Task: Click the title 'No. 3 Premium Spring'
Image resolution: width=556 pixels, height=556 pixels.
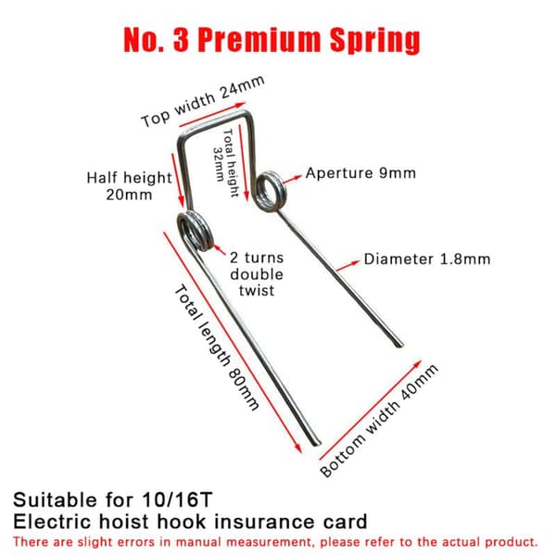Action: pyautogui.click(x=272, y=41)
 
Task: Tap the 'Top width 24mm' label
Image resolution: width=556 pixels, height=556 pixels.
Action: pyautogui.click(x=203, y=101)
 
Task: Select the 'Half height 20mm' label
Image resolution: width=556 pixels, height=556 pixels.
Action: pyautogui.click(x=130, y=186)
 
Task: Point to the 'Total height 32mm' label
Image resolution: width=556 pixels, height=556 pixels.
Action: pyautogui.click(x=225, y=162)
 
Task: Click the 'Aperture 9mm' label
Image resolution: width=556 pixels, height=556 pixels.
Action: pyautogui.click(x=360, y=173)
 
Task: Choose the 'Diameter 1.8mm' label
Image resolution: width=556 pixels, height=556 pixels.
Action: pyautogui.click(x=427, y=259)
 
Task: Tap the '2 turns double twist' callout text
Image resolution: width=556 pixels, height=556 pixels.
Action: pyautogui.click(x=257, y=274)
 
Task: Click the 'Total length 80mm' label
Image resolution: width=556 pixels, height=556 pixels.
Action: pyautogui.click(x=216, y=347)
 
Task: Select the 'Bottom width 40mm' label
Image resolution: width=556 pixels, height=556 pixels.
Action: pyautogui.click(x=379, y=421)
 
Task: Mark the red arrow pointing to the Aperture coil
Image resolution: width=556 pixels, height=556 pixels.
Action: pyautogui.click(x=292, y=179)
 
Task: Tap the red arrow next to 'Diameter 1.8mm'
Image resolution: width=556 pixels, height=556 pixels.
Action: pyautogui.click(x=347, y=266)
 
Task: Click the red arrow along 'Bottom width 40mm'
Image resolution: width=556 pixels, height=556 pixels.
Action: pyautogui.click(x=371, y=410)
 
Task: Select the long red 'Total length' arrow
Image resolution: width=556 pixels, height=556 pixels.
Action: pyautogui.click(x=233, y=342)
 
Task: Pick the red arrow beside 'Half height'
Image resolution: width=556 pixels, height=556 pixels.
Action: pyautogui.click(x=178, y=180)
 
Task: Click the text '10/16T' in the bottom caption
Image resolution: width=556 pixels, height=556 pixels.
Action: pyautogui.click(x=177, y=500)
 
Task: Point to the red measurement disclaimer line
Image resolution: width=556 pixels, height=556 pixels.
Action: pyautogui.click(x=275, y=542)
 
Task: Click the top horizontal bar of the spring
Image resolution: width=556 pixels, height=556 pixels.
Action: pyautogui.click(x=215, y=123)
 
